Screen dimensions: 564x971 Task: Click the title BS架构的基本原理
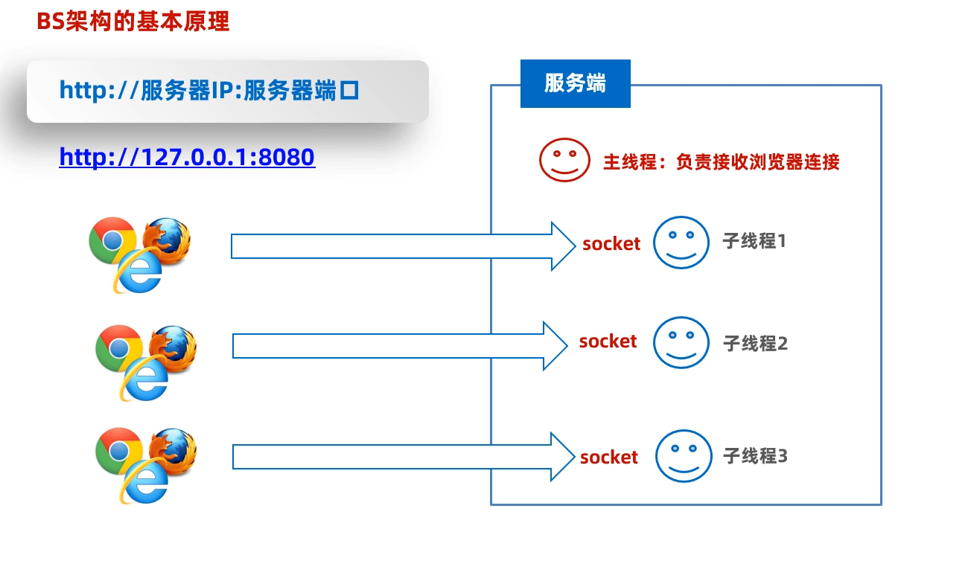click(x=133, y=22)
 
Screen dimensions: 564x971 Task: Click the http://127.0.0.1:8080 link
click(x=187, y=158)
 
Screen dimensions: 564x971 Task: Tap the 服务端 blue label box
click(x=575, y=83)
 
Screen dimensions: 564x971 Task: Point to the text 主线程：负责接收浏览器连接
click(x=721, y=161)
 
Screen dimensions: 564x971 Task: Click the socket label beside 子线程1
click(x=611, y=243)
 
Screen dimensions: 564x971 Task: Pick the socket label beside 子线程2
click(x=608, y=342)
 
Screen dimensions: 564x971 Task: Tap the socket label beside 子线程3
click(x=609, y=457)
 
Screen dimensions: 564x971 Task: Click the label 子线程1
click(x=754, y=241)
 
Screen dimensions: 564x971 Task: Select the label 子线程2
click(x=755, y=344)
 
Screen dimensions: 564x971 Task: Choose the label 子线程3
click(x=755, y=456)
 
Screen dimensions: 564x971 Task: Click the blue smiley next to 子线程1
click(x=681, y=243)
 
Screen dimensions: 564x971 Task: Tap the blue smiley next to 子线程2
click(x=681, y=342)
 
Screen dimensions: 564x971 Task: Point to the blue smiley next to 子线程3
click(x=684, y=456)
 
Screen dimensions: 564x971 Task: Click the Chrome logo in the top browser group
click(x=112, y=240)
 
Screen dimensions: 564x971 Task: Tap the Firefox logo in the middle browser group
click(x=173, y=347)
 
